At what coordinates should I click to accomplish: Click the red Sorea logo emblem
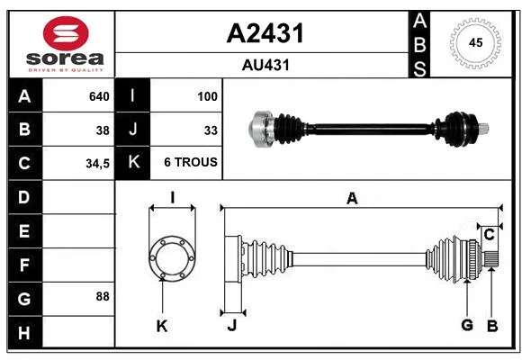tap(66, 33)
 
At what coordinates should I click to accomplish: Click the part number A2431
tap(265, 33)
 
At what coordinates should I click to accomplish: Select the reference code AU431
tap(265, 65)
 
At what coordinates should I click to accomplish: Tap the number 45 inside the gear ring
tap(475, 43)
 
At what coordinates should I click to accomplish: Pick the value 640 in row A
tap(99, 96)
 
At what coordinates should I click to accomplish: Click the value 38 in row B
tap(103, 130)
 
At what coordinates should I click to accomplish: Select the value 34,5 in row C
tap(97, 164)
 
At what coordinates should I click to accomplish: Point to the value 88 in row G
tap(103, 296)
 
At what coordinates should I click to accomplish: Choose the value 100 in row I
tap(207, 96)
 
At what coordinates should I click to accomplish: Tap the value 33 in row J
tap(211, 130)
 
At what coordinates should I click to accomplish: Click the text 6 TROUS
tap(191, 162)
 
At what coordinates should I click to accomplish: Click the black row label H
tap(24, 333)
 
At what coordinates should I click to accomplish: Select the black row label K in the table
tap(133, 162)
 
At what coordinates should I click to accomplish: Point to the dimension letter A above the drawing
tap(352, 199)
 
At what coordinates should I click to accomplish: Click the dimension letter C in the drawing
tap(489, 235)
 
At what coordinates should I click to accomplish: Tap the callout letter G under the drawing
tap(467, 325)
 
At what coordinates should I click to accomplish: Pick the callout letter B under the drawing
tap(492, 326)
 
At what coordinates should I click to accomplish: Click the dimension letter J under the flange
tap(232, 326)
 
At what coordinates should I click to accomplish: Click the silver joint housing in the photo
tap(261, 129)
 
